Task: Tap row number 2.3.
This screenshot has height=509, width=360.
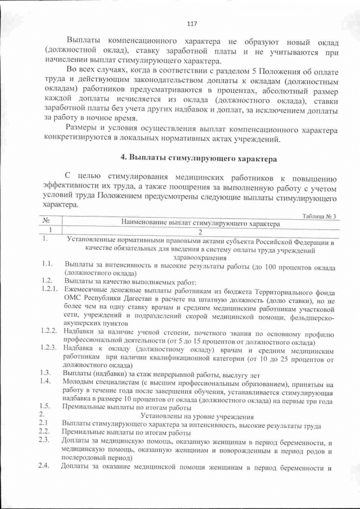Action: pos(46,440)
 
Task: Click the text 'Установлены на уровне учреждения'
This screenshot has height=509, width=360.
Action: pos(196,416)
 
